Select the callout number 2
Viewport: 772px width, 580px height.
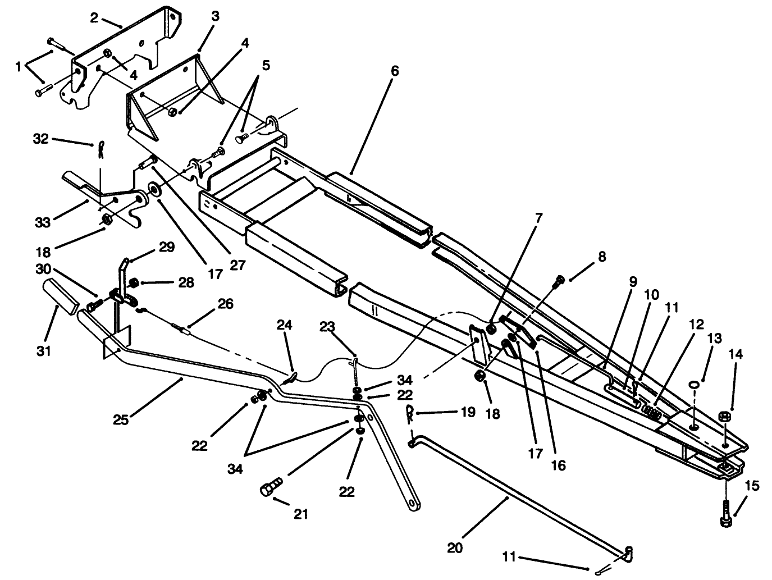94,17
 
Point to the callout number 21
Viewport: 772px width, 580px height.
302,513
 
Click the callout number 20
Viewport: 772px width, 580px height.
455,547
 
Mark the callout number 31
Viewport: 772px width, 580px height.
44,351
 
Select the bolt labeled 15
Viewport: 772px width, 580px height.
726,512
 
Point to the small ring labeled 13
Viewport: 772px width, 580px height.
695,383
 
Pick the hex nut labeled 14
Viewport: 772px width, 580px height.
724,416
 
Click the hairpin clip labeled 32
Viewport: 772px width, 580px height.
99,149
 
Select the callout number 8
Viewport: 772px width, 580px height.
601,258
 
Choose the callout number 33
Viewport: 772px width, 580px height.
42,222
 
